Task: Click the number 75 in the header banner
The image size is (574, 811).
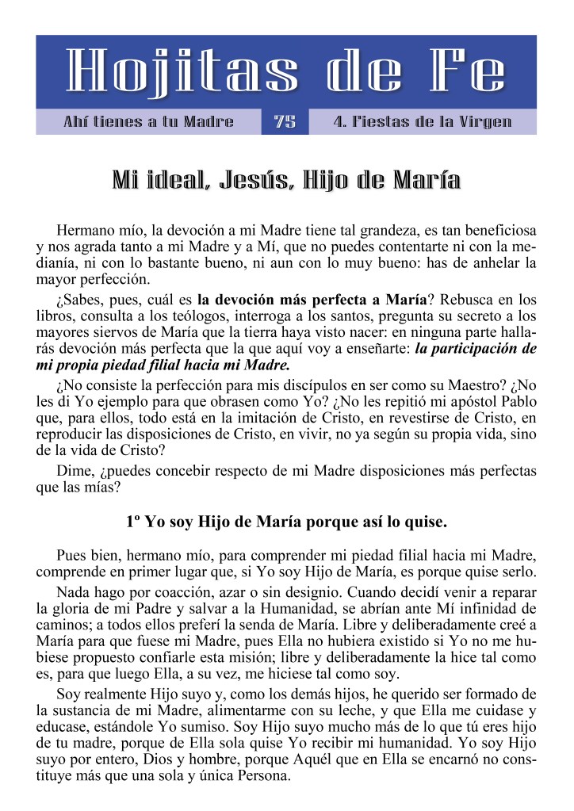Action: (x=285, y=122)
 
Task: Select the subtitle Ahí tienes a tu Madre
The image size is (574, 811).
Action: (x=148, y=122)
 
